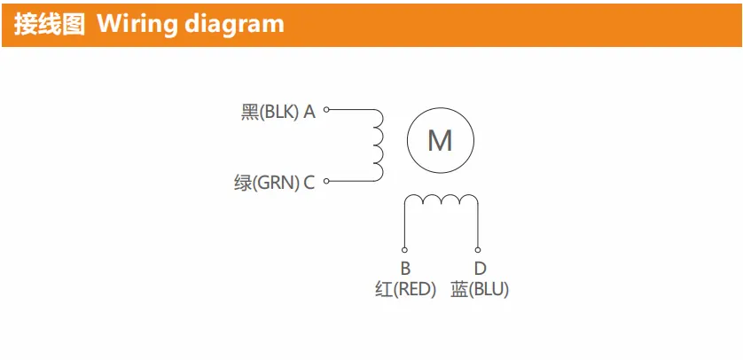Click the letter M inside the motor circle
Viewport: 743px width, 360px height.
click(440, 140)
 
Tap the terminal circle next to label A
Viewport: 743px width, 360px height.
click(326, 109)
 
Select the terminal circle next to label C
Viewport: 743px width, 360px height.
click(326, 181)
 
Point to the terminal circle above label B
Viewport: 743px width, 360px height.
click(404, 250)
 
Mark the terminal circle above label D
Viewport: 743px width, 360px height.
click(478, 250)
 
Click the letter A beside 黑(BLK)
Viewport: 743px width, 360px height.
click(309, 113)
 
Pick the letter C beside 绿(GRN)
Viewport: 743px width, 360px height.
click(309, 183)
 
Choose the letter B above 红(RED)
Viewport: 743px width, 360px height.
click(405, 269)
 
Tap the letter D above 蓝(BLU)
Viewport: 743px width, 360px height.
click(480, 269)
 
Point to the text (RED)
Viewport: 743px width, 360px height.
click(414, 289)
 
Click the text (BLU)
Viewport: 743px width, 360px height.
click(488, 289)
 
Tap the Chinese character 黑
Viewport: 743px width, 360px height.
click(250, 113)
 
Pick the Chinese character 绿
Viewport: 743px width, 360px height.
click(244, 184)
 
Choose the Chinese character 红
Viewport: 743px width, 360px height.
click(384, 289)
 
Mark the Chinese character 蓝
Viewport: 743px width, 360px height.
click(459, 289)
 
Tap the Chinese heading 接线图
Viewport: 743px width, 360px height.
click(50, 24)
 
